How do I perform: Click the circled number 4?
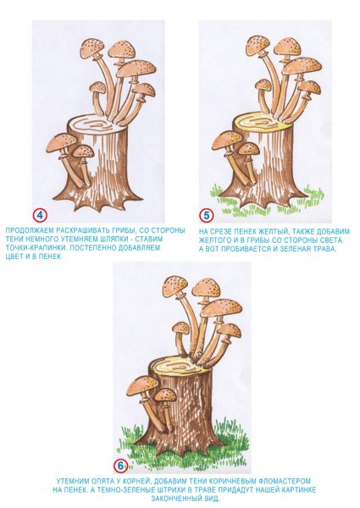tap(41, 216)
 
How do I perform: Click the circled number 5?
tap(206, 215)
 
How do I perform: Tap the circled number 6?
tap(120, 467)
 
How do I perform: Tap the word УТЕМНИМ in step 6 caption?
tap(73, 481)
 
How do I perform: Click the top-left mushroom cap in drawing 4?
tap(92, 47)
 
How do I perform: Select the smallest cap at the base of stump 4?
tap(83, 151)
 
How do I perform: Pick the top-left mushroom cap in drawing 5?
tap(258, 45)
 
